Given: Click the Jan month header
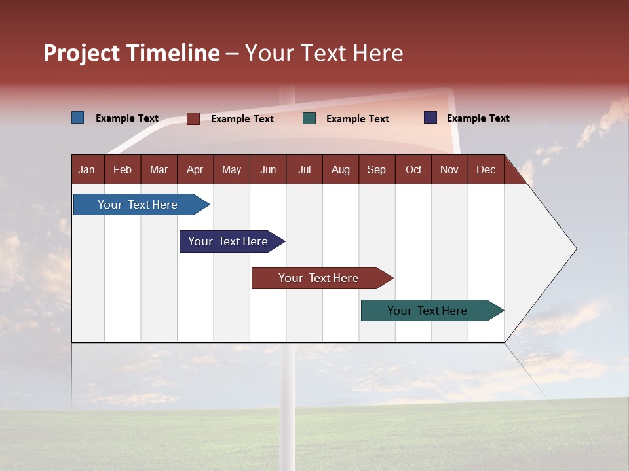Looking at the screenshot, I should [87, 169].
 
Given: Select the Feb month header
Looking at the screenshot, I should [123, 169].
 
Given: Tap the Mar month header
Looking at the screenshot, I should [159, 169].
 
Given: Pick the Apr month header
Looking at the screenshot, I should [195, 169].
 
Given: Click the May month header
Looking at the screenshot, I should [231, 169].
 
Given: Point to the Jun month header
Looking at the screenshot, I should [268, 169].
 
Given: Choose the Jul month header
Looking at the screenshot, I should [304, 169].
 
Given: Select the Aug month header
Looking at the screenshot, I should [341, 169].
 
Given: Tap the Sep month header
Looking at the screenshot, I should [377, 169].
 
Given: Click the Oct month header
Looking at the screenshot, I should [413, 169].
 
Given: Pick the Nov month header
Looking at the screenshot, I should [449, 169].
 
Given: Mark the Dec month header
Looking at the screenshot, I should [486, 169].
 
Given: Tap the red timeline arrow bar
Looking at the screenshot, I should [319, 278].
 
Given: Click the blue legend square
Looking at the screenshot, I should [78, 118].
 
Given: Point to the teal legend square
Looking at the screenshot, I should [309, 118].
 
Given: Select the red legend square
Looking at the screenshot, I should [193, 118].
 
